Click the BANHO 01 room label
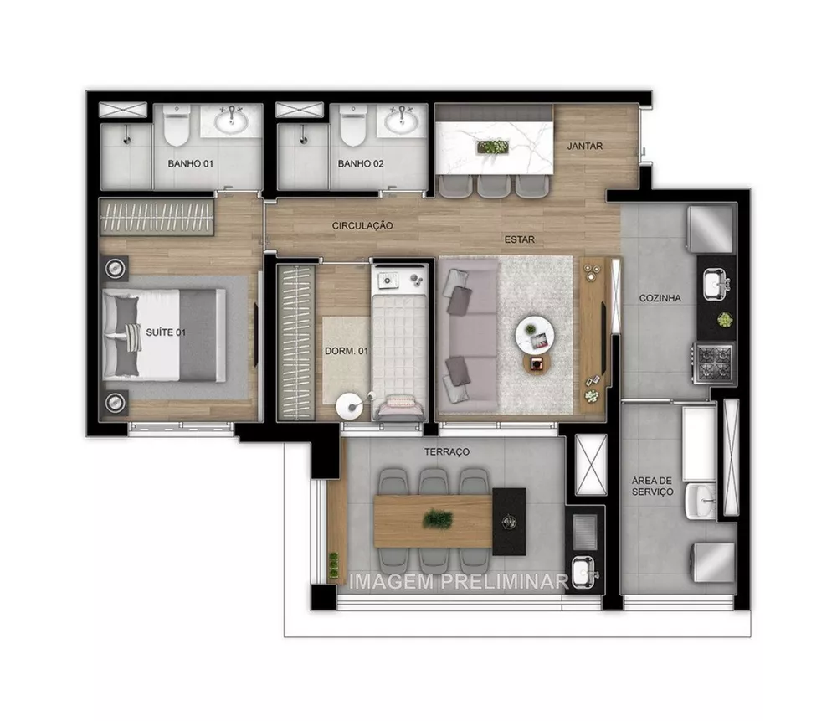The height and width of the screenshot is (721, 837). [189, 163]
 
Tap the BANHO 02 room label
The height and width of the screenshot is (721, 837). [361, 163]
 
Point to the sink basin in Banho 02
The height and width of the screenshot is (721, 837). [403, 122]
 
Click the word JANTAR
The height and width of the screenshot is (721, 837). [584, 146]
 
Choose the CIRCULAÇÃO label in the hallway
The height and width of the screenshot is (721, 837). [362, 225]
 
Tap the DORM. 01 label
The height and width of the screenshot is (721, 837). [346, 351]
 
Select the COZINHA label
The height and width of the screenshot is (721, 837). [660, 297]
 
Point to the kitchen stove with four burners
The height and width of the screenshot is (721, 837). [715, 362]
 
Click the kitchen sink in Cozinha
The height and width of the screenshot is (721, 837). [714, 285]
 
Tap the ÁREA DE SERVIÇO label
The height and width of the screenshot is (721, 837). [652, 486]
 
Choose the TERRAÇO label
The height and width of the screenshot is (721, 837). [447, 451]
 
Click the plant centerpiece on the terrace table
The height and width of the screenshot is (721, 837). [437, 520]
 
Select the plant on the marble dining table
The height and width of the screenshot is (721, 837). [491, 147]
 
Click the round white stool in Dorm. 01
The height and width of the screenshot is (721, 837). [347, 407]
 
